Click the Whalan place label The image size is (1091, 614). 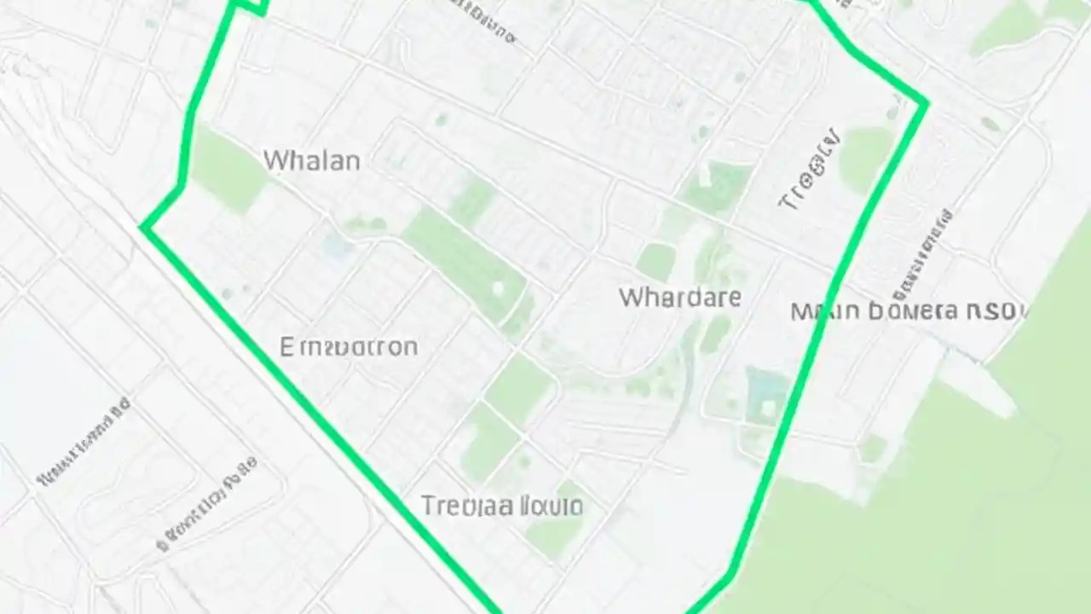point(311,160)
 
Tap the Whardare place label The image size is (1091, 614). point(679,298)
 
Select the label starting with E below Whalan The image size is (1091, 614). point(349,347)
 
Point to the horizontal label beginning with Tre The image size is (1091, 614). point(502,507)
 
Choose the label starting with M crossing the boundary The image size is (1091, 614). point(909,311)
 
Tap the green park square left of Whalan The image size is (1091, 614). point(227,171)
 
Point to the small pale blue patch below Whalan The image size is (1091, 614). point(338,248)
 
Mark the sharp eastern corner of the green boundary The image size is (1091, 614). point(926,103)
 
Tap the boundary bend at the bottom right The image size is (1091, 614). point(730,578)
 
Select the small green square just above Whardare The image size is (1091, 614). point(655,260)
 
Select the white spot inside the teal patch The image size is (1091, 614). point(768,408)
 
